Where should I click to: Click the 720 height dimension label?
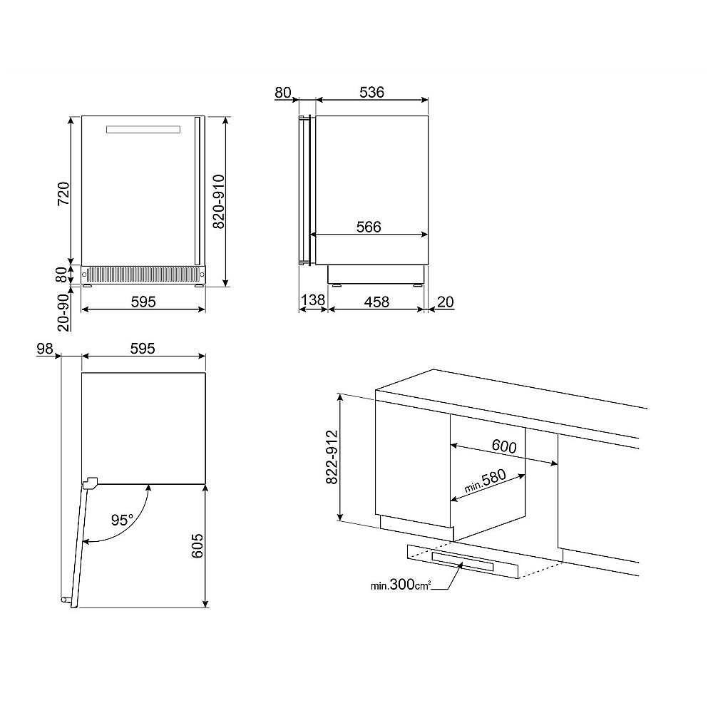pos(63,193)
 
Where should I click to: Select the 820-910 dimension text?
pos(219,202)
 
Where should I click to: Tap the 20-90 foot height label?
pos(63,312)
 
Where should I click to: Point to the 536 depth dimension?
pos(372,92)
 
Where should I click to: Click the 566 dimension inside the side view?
pos(369,227)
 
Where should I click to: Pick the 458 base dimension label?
pos(377,302)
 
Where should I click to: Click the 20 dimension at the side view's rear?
pos(446,302)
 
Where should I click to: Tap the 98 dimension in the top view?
pos(45,349)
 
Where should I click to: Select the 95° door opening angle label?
pos(123,520)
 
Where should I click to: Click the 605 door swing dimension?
pos(197,546)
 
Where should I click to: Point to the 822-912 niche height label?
pos(332,457)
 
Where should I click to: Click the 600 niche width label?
pos(504,446)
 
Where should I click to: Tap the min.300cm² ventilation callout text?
pos(401,585)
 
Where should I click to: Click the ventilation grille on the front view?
pos(143,275)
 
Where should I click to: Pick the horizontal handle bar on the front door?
pos(143,130)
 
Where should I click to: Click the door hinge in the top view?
pos(90,483)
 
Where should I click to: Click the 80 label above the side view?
pos(283,93)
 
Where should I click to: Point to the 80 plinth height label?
pos(63,275)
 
